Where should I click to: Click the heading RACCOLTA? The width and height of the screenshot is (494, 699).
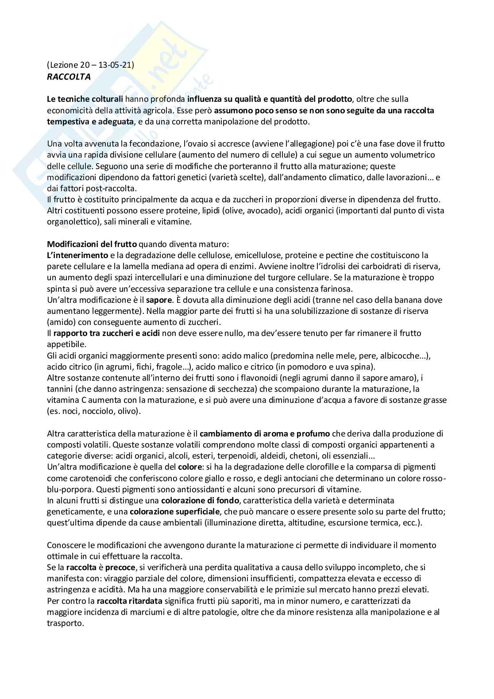69,77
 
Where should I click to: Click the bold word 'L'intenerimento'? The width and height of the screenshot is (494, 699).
77,255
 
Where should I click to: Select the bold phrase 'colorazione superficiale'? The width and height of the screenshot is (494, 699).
175,511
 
